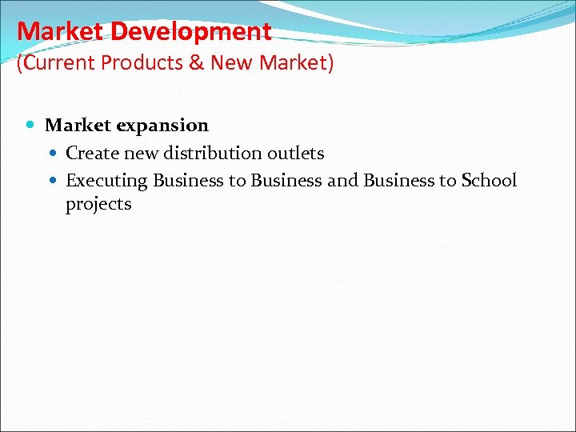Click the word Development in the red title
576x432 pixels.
pos(191,32)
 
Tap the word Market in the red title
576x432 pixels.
pos(61,32)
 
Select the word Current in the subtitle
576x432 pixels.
pos(54,63)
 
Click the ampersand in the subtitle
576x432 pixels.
pos(196,63)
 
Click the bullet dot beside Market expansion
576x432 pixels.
pos(31,126)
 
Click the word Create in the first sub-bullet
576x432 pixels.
pos(90,153)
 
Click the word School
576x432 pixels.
pos(489,181)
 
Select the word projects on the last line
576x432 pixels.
pos(98,205)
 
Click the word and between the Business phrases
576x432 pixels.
pos(342,181)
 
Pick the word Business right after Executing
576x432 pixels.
pos(188,181)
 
